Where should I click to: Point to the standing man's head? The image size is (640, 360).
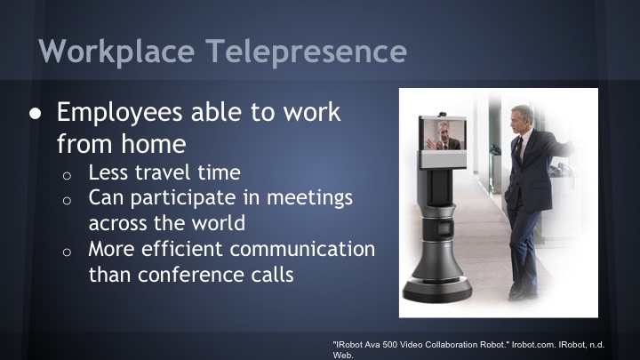(521, 118)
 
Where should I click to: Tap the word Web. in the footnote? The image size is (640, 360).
(342, 354)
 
